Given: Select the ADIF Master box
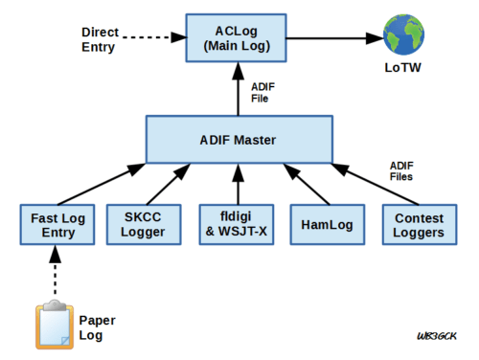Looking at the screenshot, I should [237, 140].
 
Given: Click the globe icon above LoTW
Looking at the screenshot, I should [403, 34].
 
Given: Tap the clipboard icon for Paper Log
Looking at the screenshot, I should [54, 325].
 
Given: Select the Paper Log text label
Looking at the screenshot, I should [96, 327].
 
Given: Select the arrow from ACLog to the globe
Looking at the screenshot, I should [331, 39].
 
